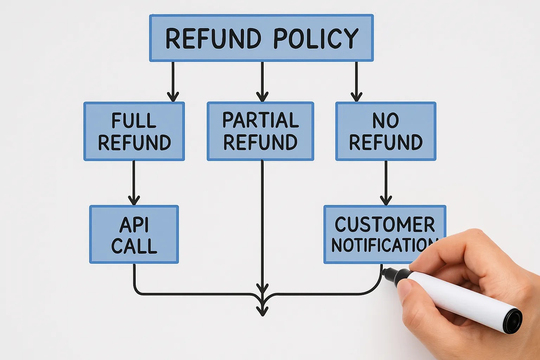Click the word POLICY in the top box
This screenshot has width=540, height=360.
316,38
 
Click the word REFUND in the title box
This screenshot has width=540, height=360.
213,38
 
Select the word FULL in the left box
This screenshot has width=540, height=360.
134,121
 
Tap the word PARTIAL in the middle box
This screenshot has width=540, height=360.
261,120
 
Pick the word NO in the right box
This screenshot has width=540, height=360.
386,121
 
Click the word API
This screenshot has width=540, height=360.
134,225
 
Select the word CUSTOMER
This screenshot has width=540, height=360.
385,224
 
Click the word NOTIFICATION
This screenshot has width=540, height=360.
383,245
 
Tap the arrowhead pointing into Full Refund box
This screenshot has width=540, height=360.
173,97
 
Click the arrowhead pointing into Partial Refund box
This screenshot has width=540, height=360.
262,97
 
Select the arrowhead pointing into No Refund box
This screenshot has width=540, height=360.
356,97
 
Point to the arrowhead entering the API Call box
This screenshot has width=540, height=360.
134,200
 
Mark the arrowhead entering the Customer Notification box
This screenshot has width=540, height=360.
386,200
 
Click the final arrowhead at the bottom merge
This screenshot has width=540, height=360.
262,311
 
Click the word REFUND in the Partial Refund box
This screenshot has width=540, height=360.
261,142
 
